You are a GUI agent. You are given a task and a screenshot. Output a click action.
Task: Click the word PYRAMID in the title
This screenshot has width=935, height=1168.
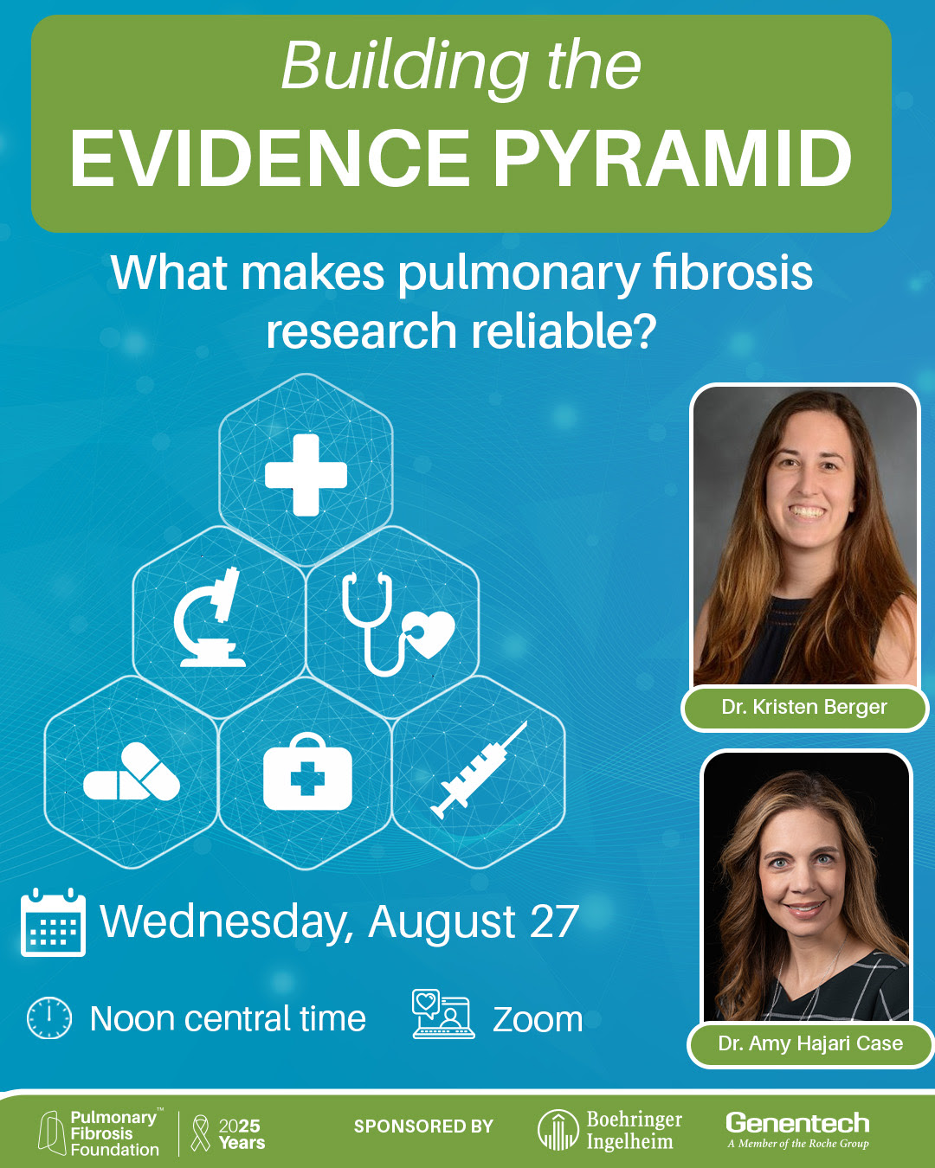point(672,158)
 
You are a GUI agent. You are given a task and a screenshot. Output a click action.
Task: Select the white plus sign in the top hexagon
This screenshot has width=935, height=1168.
point(306,475)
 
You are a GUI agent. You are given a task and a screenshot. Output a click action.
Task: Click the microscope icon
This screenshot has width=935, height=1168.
point(210,617)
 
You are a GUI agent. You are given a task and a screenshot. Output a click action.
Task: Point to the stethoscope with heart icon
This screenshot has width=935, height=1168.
point(397,623)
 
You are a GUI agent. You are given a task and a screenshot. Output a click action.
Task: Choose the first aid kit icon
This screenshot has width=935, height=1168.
point(307,771)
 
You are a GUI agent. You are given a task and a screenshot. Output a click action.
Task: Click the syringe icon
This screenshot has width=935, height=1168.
point(479,770)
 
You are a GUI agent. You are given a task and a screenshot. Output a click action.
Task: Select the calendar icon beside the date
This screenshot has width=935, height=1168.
point(53,922)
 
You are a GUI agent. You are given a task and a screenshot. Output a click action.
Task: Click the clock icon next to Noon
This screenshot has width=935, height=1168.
point(48,1018)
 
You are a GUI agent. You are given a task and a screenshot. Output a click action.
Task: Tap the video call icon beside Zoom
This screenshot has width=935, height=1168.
point(442,1014)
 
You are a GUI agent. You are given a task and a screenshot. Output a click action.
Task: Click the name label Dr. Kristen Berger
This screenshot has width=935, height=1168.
point(804,707)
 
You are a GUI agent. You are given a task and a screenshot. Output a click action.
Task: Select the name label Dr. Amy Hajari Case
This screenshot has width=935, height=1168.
point(810,1043)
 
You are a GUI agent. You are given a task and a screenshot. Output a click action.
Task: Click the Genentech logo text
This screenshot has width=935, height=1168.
point(797,1123)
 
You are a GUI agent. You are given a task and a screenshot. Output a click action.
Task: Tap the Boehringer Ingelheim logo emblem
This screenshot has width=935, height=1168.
point(558,1129)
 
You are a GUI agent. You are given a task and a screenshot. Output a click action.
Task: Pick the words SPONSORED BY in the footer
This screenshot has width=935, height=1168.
point(423,1126)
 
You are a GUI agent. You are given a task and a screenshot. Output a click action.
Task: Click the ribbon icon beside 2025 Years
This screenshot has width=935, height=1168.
point(201,1133)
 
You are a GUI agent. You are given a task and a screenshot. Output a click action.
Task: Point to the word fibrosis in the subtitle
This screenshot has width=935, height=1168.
point(732,273)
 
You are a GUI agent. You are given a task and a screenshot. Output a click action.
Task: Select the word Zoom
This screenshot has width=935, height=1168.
point(538,1019)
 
